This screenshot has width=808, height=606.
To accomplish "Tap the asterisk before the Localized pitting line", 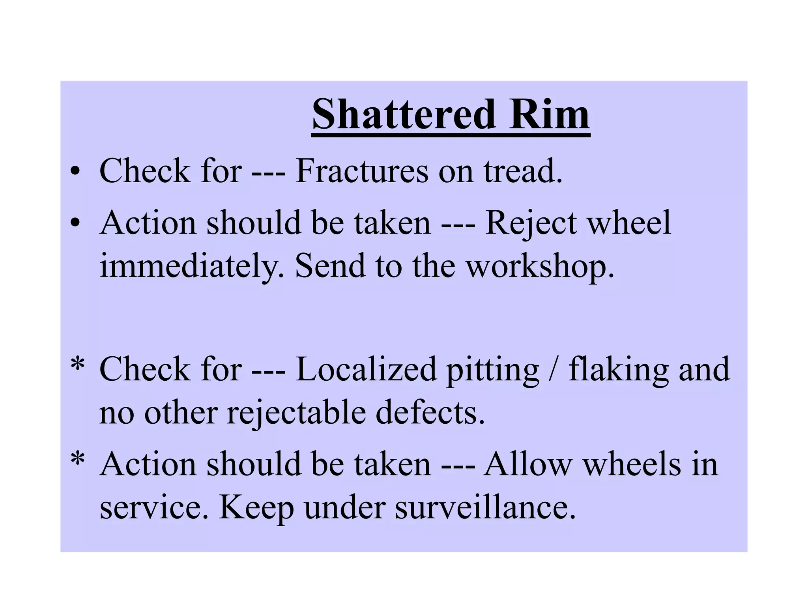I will [77, 365].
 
